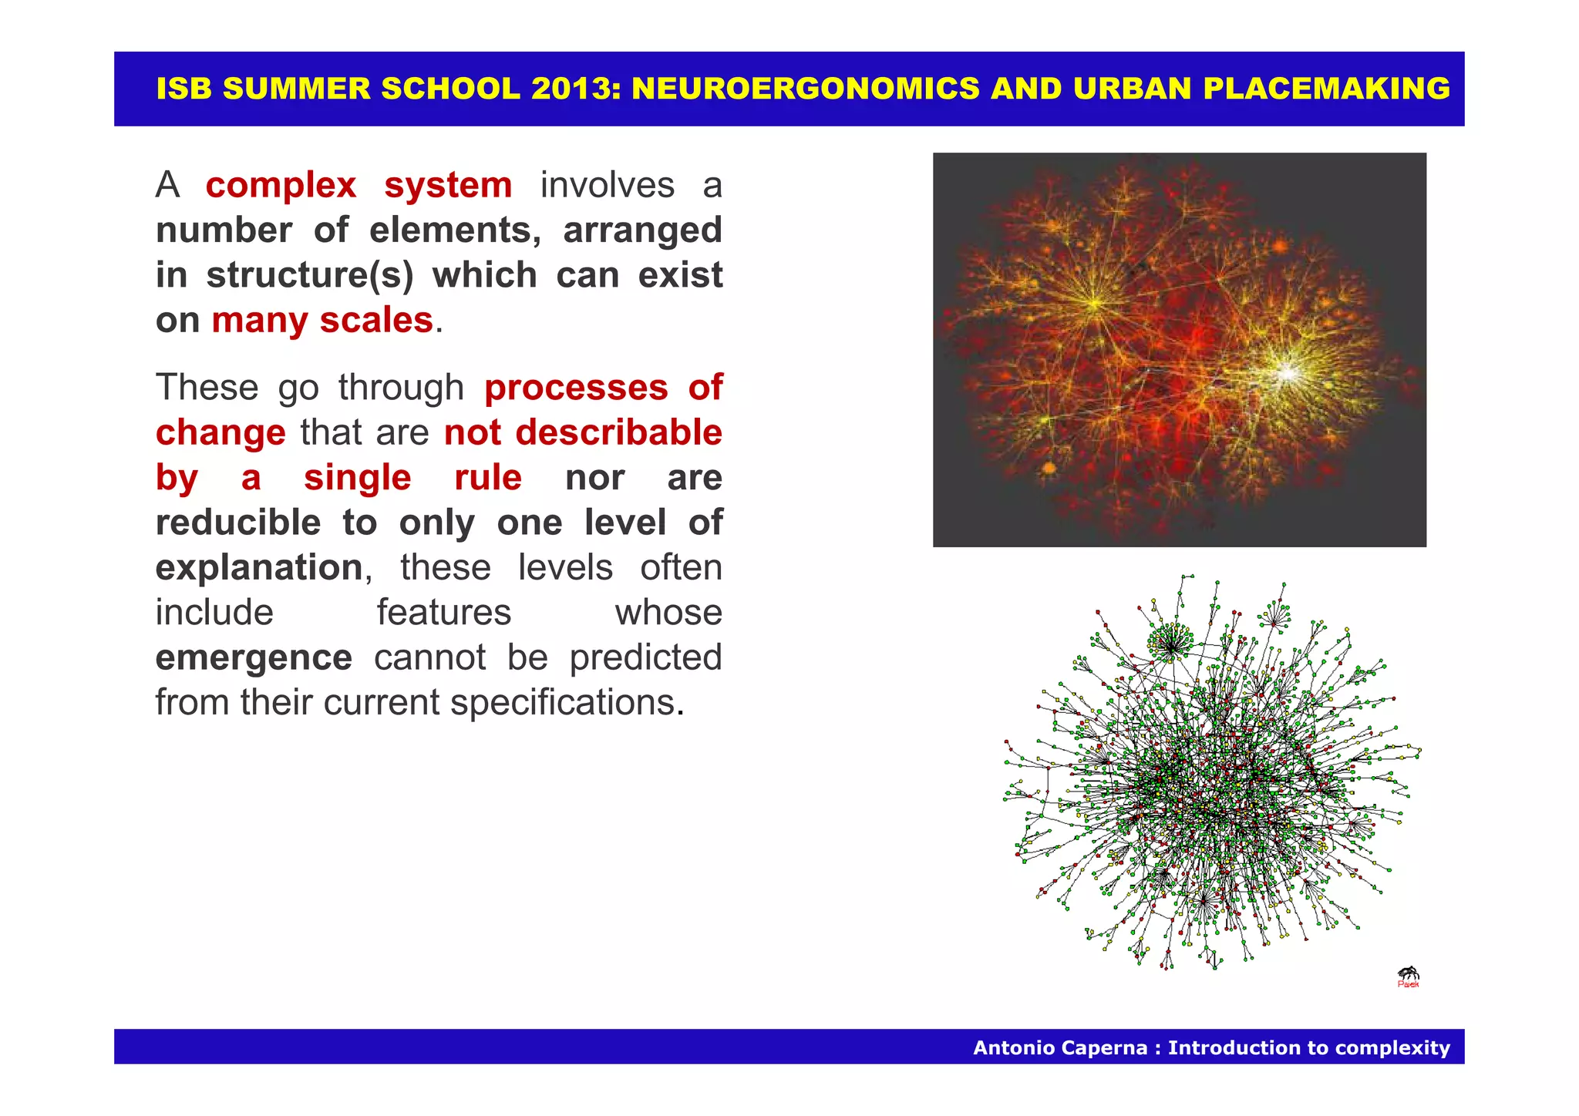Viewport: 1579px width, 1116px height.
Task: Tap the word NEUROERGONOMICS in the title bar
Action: pos(806,89)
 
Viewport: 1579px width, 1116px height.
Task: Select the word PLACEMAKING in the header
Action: pos(1326,89)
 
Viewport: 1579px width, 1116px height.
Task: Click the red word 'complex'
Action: pos(281,186)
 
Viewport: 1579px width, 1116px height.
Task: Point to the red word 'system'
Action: pos(448,186)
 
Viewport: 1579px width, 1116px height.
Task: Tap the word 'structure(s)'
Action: pos(310,275)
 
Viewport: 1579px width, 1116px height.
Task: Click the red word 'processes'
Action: pos(576,388)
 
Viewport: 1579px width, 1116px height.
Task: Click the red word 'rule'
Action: pos(488,478)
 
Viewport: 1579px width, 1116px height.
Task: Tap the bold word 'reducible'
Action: pos(238,523)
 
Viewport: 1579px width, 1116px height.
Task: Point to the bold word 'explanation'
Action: pos(259,568)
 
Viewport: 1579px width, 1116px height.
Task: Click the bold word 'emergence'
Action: pos(254,657)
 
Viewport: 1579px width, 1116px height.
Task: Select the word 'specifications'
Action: pos(562,703)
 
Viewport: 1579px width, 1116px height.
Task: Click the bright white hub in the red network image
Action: pos(1286,374)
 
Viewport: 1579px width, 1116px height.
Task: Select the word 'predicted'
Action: pos(645,657)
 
